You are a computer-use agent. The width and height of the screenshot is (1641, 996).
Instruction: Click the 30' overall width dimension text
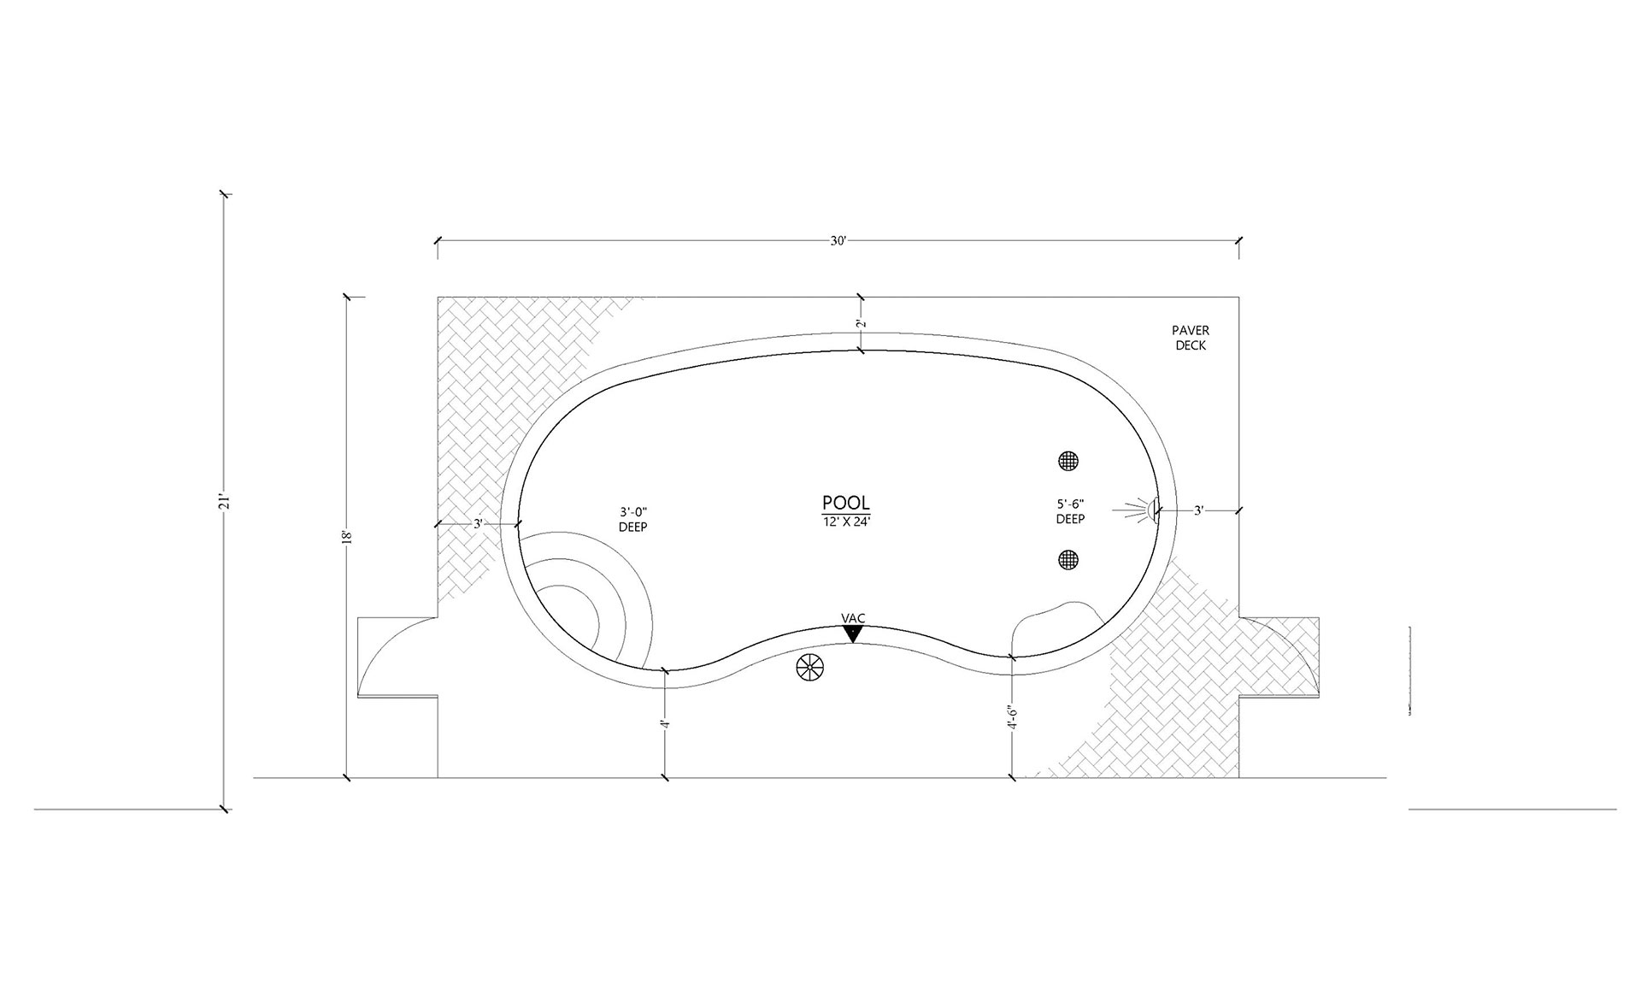pyautogui.click(x=838, y=241)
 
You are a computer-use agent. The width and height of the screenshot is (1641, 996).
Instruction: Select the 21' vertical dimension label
pyautogui.click(x=225, y=501)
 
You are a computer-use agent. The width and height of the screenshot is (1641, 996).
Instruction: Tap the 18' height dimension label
pyautogui.click(x=346, y=537)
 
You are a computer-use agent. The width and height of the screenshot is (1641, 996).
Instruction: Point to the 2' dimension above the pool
pyautogui.click(x=861, y=323)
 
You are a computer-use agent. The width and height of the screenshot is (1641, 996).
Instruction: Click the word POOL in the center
pyautogui.click(x=845, y=503)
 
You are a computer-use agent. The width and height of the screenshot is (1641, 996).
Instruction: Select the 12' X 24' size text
pyautogui.click(x=845, y=521)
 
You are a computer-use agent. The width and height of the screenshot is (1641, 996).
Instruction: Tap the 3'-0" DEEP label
pyautogui.click(x=632, y=519)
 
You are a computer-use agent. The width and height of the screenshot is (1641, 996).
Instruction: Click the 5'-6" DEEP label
pyautogui.click(x=1070, y=511)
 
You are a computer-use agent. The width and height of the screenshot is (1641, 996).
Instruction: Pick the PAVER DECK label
pyautogui.click(x=1191, y=338)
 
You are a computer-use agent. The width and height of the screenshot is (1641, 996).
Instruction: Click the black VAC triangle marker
pyautogui.click(x=852, y=634)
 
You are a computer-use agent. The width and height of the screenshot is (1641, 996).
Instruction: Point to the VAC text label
pyautogui.click(x=853, y=618)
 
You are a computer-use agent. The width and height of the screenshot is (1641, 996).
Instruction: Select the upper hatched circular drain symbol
pyautogui.click(x=1068, y=461)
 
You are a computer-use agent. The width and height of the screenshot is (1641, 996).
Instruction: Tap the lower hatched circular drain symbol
pyautogui.click(x=1068, y=560)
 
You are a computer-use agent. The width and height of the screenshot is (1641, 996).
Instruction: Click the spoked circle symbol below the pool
pyautogui.click(x=809, y=668)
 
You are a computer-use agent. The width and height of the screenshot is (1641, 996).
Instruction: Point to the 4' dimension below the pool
pyautogui.click(x=665, y=723)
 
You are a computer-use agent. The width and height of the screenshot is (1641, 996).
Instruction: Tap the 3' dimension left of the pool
pyautogui.click(x=479, y=523)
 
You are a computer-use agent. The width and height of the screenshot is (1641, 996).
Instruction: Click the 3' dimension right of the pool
pyautogui.click(x=1198, y=510)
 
